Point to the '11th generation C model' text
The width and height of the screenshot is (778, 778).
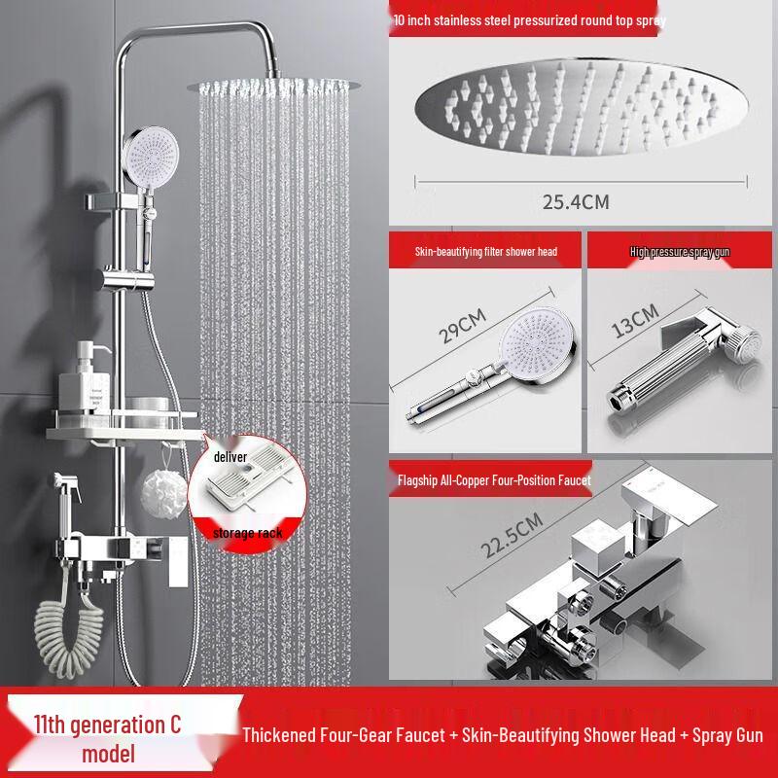[107, 738]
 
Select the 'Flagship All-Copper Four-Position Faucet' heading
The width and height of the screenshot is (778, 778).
[493, 480]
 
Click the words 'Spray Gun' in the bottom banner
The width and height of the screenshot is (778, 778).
[715, 735]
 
